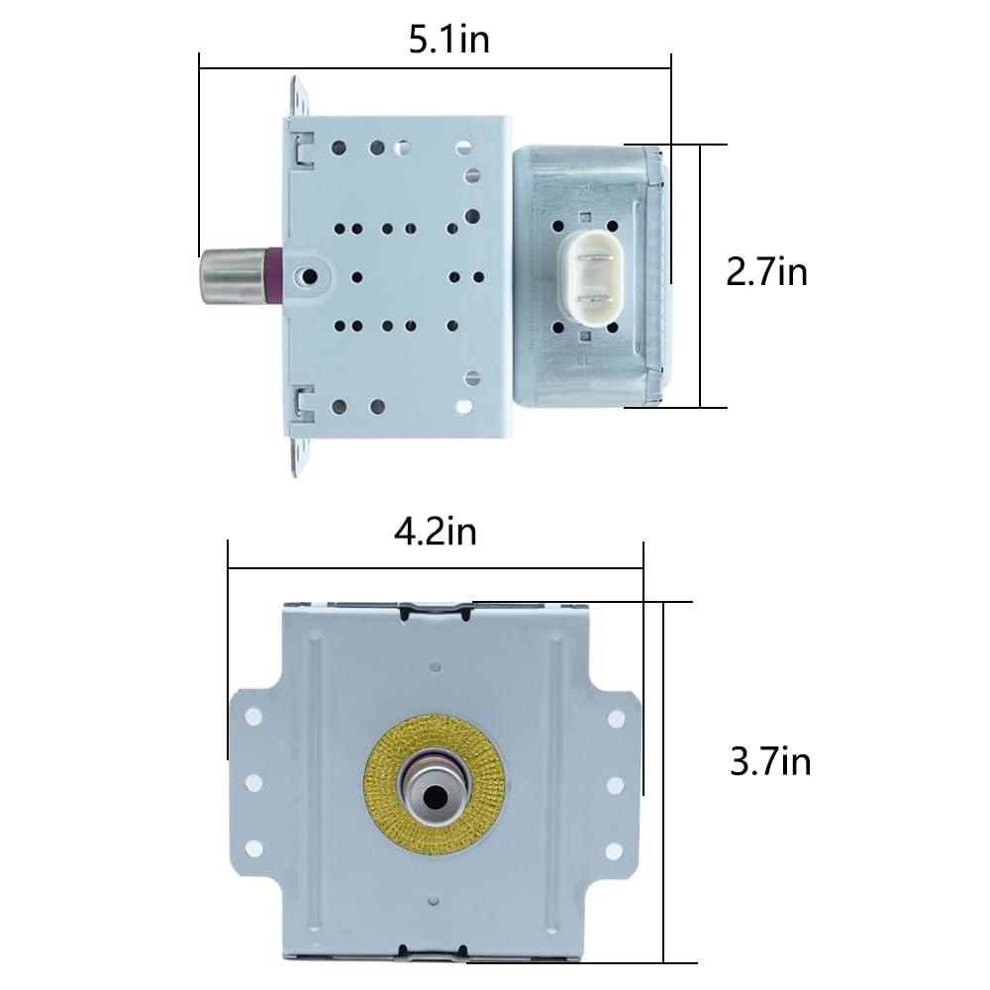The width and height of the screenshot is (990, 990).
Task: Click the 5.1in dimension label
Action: coord(449,41)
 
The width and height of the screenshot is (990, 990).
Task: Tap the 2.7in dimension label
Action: coord(766,271)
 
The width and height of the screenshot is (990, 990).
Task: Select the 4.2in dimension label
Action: coord(436,531)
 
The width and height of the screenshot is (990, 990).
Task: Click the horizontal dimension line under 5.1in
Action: coord(436,67)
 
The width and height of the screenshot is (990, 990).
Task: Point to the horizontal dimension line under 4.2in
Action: coord(436,568)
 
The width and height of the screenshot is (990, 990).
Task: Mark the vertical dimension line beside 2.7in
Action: coord(700,275)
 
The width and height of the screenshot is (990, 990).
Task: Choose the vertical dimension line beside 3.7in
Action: coord(664,782)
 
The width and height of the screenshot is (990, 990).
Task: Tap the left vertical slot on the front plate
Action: coord(315,713)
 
